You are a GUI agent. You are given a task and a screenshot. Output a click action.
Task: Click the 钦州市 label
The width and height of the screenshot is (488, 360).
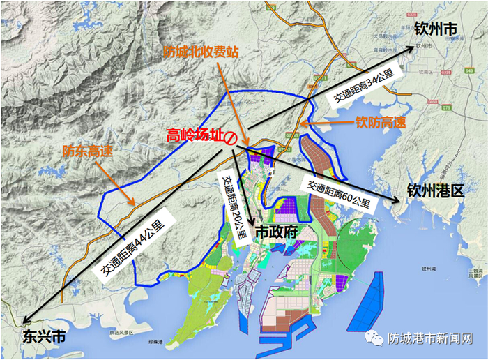click(x=436, y=29)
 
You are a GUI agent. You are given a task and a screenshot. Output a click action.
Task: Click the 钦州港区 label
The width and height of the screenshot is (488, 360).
click(x=436, y=190)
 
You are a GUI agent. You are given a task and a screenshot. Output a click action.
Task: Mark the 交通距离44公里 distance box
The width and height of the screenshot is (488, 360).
click(x=134, y=245)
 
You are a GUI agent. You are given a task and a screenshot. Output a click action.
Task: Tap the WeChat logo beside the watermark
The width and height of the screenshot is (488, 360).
click(x=377, y=338)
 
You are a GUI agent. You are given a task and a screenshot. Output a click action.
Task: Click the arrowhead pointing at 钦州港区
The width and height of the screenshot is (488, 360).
click(x=397, y=200)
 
